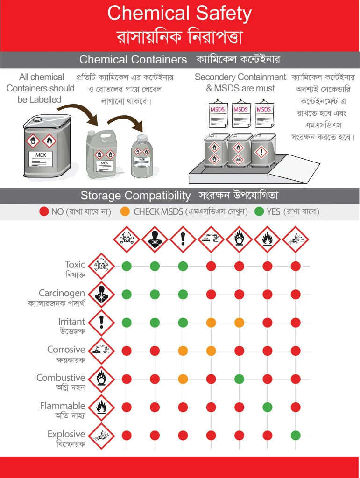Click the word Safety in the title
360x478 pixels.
coord(224,14)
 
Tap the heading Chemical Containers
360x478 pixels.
coord(133,59)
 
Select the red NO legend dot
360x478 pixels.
coord(44,211)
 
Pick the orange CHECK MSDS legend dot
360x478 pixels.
coord(125,211)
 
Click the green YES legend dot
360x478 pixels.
coord(259,211)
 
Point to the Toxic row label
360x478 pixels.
coord(75,264)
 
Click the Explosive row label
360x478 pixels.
coord(66,434)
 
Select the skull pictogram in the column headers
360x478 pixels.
coord(127,239)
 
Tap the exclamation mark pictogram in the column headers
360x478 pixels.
coord(183,239)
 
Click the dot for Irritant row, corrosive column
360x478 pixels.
coord(211,323)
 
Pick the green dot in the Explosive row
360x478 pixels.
coord(296,436)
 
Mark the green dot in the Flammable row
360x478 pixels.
coord(268,407)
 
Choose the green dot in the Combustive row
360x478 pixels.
coord(239,379)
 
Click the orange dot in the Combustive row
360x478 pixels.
coord(183,379)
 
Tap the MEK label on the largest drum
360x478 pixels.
coord(41,155)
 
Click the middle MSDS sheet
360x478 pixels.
coord(241,113)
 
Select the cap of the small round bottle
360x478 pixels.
coord(141,138)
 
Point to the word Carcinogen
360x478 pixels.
coord(62,293)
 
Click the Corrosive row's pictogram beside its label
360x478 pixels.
coord(101,351)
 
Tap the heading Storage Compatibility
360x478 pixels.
coord(136,196)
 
